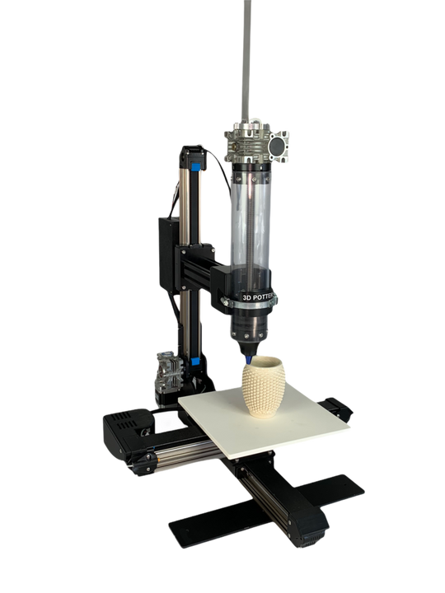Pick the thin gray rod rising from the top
point(246,58)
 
